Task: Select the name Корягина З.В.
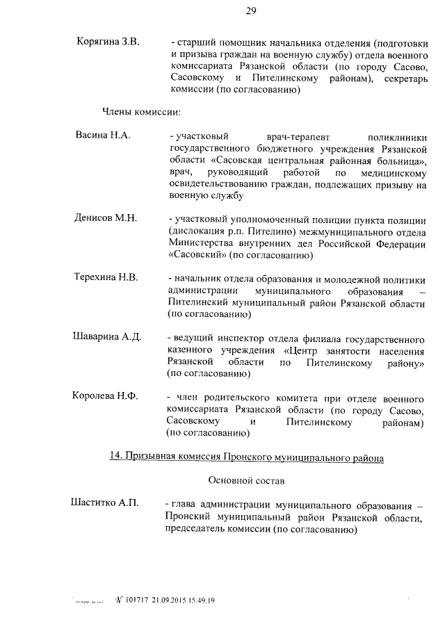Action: [108, 42]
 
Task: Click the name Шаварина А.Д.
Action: [107, 337]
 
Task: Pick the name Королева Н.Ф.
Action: [106, 396]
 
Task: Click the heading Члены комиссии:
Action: [142, 111]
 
